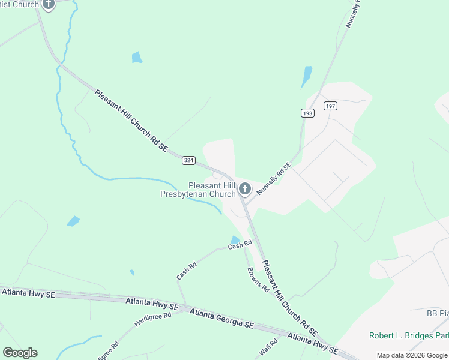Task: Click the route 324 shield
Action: [189, 160]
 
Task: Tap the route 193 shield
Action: [307, 113]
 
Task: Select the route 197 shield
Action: [330, 106]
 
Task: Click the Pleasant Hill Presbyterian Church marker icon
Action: [244, 189]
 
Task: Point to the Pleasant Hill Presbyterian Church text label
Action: [199, 190]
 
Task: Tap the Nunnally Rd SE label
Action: [274, 178]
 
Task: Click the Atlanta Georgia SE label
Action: [221, 317]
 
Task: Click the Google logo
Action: [20, 353]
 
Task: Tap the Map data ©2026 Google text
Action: [412, 355]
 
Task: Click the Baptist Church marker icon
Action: [49, 5]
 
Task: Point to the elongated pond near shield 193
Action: [307, 77]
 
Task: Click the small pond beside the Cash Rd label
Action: [235, 240]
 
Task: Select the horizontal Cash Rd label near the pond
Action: [240, 245]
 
